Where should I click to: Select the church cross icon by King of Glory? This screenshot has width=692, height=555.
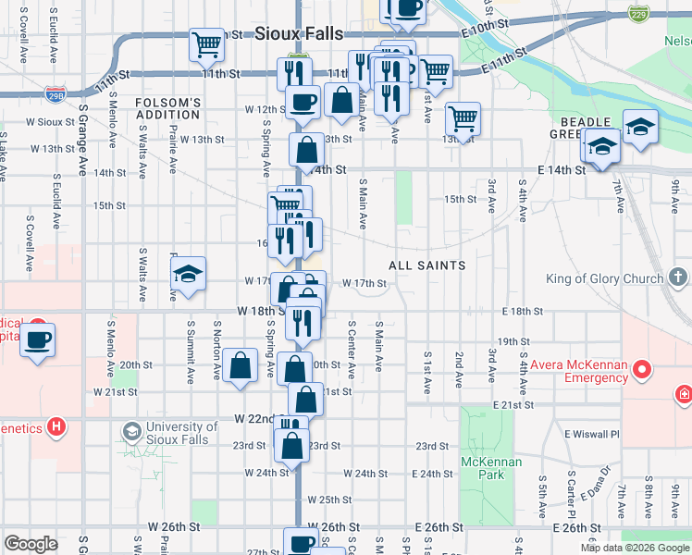tap(678, 277)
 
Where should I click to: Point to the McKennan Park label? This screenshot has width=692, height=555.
tap(492, 467)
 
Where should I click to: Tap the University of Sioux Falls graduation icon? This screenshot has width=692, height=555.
tap(131, 432)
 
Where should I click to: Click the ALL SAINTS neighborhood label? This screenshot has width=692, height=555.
tap(426, 265)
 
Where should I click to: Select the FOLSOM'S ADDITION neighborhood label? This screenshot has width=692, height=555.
tap(167, 108)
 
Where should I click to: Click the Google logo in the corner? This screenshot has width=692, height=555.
tap(31, 544)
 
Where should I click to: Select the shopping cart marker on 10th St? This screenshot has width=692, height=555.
tap(207, 43)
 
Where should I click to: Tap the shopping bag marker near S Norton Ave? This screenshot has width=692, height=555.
tap(241, 364)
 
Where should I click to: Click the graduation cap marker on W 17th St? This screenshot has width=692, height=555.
tap(188, 274)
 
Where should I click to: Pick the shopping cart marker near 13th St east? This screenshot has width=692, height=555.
tap(462, 117)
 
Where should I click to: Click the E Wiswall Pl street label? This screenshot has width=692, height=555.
tap(592, 433)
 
